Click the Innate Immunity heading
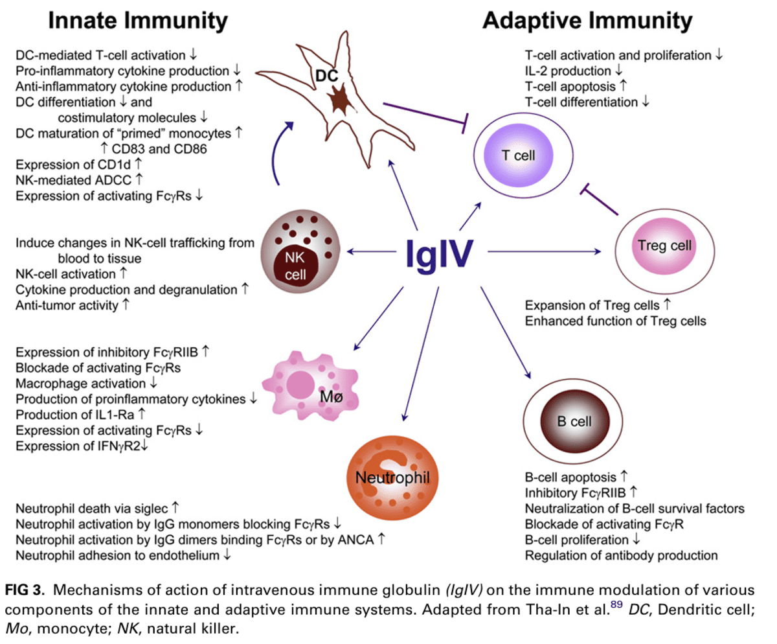[139, 21]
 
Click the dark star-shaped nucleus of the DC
[338, 101]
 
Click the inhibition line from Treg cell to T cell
[602, 202]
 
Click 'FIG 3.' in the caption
[23, 590]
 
